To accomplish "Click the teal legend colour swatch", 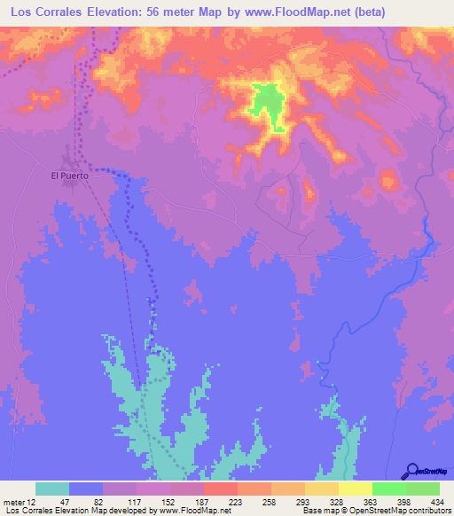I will [x=52, y=489].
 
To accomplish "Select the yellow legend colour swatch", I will [x=356, y=489].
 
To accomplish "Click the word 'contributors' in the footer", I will [x=427, y=511].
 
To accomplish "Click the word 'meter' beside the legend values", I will [x=12, y=502].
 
